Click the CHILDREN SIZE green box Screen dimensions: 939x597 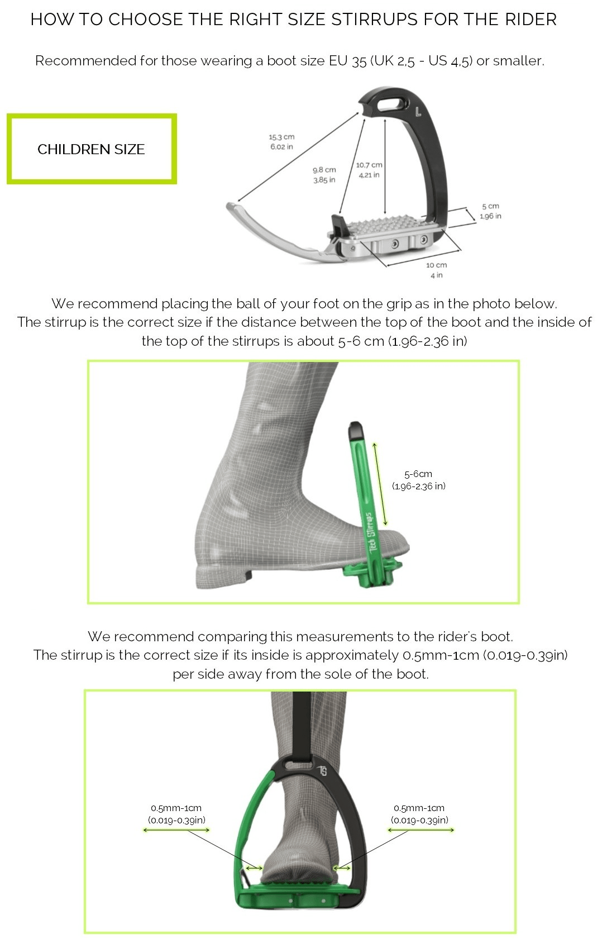[x=92, y=149]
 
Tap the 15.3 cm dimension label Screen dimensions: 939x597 [x=281, y=142]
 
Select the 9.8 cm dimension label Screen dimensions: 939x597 [x=324, y=174]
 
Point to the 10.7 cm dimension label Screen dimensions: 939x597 [x=369, y=170]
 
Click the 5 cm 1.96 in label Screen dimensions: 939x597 [x=490, y=211]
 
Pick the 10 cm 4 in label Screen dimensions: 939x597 [x=436, y=270]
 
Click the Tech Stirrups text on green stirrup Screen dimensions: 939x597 [x=371, y=531]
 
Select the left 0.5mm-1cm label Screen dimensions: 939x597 [x=176, y=814]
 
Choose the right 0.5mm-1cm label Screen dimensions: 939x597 [x=419, y=814]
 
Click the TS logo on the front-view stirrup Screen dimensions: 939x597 [x=323, y=771]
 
